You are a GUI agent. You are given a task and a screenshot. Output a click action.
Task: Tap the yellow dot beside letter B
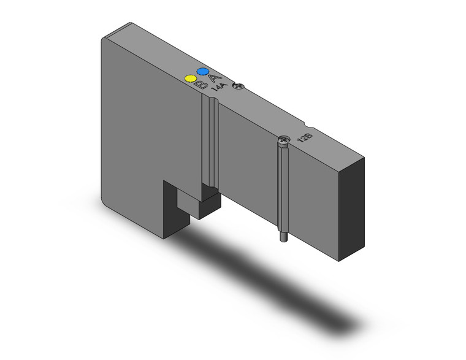pos(190,79)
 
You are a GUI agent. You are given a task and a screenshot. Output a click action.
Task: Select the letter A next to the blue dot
pos(213,78)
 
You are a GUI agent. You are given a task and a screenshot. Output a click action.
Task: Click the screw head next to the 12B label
pos(283,142)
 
